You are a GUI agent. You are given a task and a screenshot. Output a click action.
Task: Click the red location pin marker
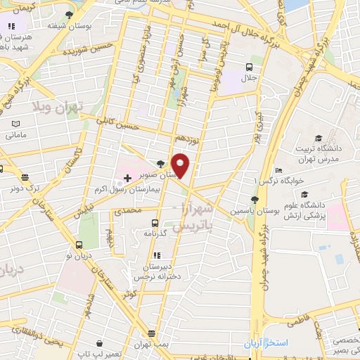tap(181, 165)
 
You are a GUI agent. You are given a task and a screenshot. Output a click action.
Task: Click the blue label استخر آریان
tap(262, 345)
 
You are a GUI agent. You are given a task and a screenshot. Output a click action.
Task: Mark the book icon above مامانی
tap(16, 123)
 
